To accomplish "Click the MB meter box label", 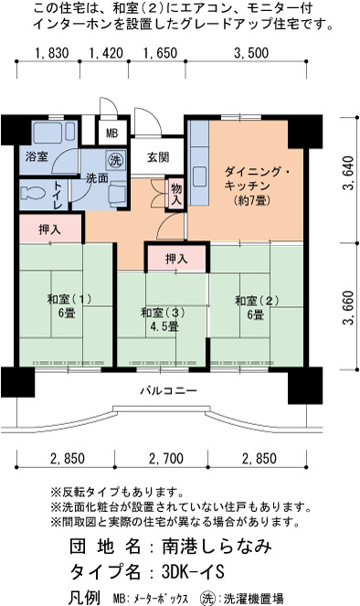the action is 111,133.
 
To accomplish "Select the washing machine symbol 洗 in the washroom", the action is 115,160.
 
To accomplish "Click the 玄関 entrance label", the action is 157,157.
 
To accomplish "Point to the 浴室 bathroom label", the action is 37,156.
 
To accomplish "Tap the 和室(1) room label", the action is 69,299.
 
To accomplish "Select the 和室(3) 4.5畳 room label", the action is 163,320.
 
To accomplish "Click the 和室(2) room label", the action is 257,301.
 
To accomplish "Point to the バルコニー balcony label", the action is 168,390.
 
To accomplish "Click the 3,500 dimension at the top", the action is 251,53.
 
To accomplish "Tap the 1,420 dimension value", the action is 106,53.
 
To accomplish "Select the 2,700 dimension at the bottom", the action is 165,459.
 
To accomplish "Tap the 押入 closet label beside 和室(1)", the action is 50,229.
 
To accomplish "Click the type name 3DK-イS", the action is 193,571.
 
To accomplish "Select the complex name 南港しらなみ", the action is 217,546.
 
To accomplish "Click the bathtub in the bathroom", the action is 54,133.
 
